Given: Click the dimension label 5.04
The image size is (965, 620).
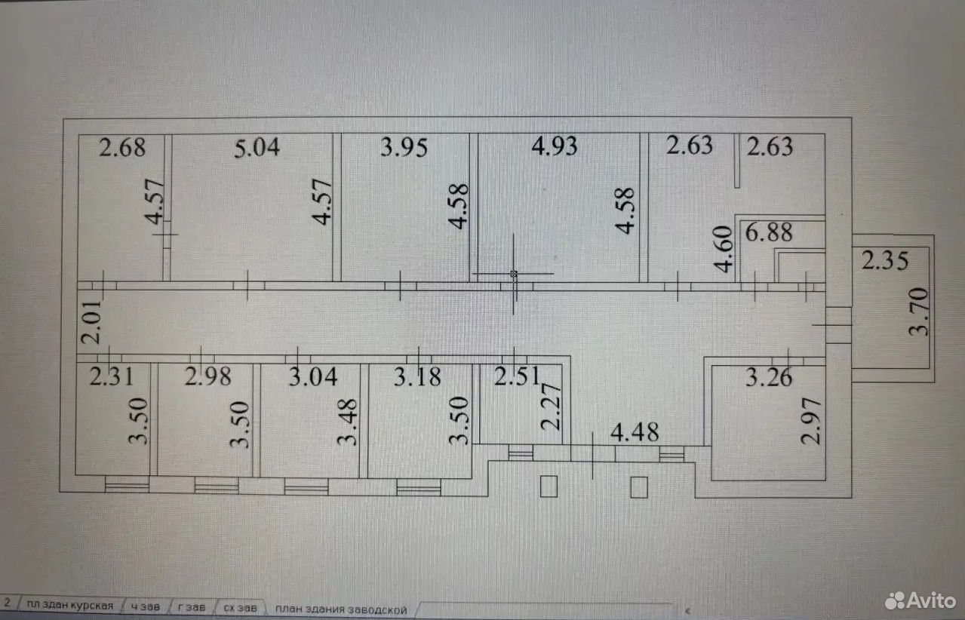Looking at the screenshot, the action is [x=257, y=148].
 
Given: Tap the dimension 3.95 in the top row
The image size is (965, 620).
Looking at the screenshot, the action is [x=404, y=147].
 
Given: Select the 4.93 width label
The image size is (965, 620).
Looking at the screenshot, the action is [x=554, y=146].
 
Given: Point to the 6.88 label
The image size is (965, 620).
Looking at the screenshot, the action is [x=769, y=232].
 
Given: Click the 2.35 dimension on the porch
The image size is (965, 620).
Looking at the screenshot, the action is [x=885, y=260].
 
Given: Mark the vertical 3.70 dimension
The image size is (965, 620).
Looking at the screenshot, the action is [x=918, y=312].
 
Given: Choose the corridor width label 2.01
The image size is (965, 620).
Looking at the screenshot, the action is [x=91, y=322].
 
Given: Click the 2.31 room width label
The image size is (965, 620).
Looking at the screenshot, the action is [x=111, y=376].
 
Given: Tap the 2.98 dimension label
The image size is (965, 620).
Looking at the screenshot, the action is [x=207, y=376].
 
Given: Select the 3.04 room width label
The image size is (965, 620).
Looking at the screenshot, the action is [x=313, y=376].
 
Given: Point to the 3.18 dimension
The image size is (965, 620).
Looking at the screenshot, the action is [x=417, y=377].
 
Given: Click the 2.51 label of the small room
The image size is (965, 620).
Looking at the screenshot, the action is [x=517, y=376].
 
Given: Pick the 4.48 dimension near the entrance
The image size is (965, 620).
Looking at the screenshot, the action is [x=635, y=432].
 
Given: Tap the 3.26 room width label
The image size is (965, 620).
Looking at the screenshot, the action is [x=769, y=378].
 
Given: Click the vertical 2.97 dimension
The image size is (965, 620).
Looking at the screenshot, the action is [x=811, y=422].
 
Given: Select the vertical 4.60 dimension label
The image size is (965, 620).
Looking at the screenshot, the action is [x=723, y=250].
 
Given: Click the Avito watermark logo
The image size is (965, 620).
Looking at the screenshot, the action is [x=920, y=600].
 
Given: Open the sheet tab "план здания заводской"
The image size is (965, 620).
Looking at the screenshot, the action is [x=341, y=609].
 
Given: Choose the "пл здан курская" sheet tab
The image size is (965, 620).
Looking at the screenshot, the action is [x=69, y=606].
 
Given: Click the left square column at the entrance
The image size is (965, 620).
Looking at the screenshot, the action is [x=549, y=486].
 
